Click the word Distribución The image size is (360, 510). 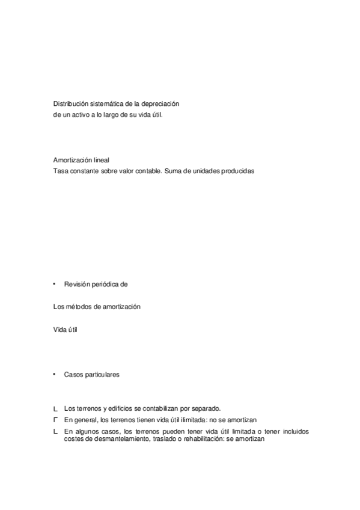[x=70, y=104]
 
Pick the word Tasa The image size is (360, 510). [x=60, y=170]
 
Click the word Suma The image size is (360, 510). [x=172, y=170]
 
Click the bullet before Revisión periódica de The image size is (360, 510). [x=55, y=283]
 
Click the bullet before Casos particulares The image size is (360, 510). [x=55, y=374]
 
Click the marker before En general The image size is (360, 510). [x=55, y=419]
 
